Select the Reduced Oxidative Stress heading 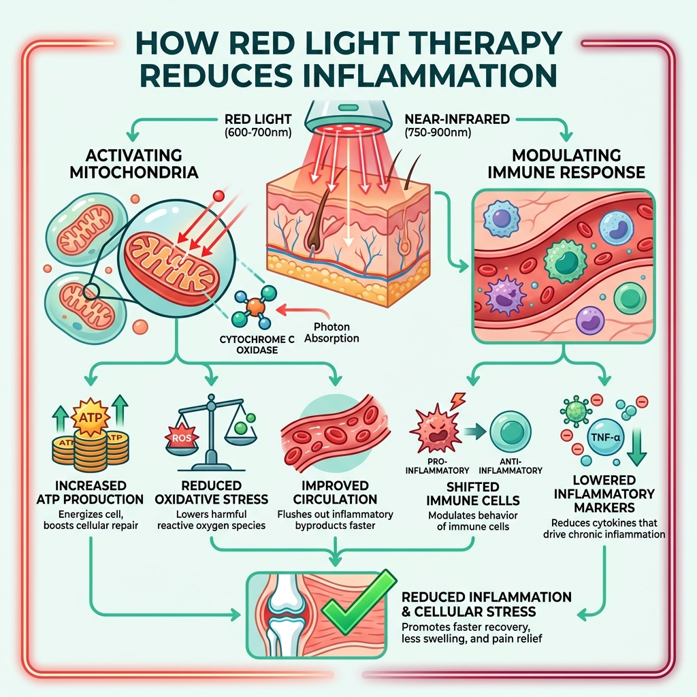(211, 493)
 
